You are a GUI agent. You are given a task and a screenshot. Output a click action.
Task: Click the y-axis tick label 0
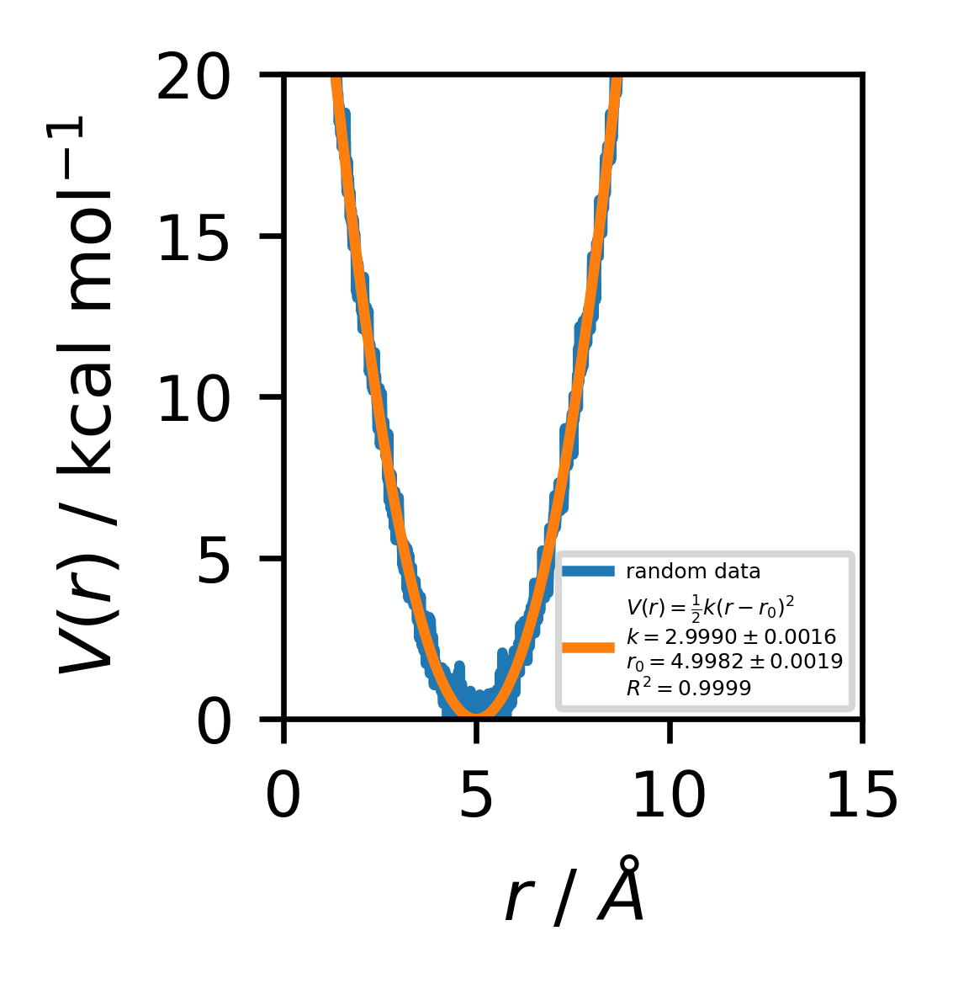pyautogui.click(x=214, y=724)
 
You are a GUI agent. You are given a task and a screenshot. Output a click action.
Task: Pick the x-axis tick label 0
pyautogui.click(x=283, y=795)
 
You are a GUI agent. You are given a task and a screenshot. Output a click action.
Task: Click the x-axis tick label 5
pyautogui.click(x=476, y=795)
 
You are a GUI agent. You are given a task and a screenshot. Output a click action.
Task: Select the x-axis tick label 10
pyautogui.click(x=669, y=795)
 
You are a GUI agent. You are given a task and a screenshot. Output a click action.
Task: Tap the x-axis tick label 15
pyautogui.click(x=861, y=795)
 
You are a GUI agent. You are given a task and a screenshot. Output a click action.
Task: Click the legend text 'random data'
pyautogui.click(x=693, y=572)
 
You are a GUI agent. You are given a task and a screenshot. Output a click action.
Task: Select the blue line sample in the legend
pyautogui.click(x=589, y=572)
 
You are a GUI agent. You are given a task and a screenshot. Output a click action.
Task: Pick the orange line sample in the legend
pyautogui.click(x=589, y=647)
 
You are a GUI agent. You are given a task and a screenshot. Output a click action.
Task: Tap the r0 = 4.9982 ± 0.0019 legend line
pyautogui.click(x=734, y=662)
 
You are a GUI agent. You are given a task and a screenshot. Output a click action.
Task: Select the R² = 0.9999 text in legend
pyautogui.click(x=688, y=688)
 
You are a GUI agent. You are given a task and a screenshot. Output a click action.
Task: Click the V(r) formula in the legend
pyautogui.click(x=711, y=608)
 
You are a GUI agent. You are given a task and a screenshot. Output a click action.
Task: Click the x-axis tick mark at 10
pyautogui.click(x=670, y=729)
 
